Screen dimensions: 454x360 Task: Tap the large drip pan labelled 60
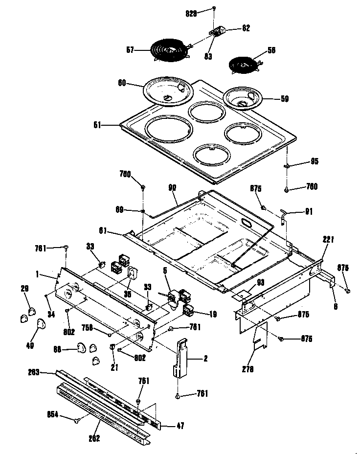(x=167, y=91)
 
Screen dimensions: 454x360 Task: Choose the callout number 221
(x=328, y=240)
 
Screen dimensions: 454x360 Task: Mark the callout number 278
(x=248, y=369)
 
